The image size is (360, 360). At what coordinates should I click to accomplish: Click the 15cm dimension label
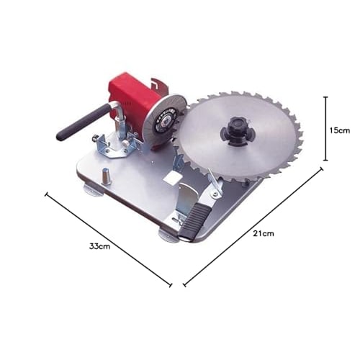point(339,130)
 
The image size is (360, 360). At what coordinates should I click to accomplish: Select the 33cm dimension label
point(99,246)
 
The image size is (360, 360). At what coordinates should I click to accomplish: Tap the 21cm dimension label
point(264,234)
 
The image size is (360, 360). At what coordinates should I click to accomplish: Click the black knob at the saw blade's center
point(238,131)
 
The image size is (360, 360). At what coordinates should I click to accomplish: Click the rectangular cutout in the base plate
point(173,177)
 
